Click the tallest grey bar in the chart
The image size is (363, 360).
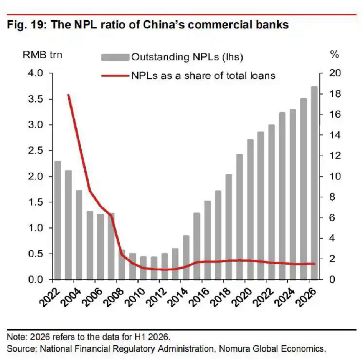click(314, 183)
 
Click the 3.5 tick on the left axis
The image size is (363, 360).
click(36, 99)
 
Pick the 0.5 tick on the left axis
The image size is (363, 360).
click(36, 254)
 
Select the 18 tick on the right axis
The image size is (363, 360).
click(335, 94)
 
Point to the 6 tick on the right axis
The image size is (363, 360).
click(332, 217)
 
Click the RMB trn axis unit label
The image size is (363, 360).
click(42, 55)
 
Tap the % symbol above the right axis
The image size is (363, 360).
click(335, 54)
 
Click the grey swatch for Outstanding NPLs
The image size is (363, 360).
click(115, 57)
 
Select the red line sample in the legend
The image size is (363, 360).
click(115, 76)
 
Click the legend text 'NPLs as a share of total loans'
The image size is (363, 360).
click(203, 76)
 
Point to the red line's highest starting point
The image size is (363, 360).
click(68, 95)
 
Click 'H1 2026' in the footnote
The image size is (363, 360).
click(152, 337)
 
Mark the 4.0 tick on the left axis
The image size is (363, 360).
click(36, 73)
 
